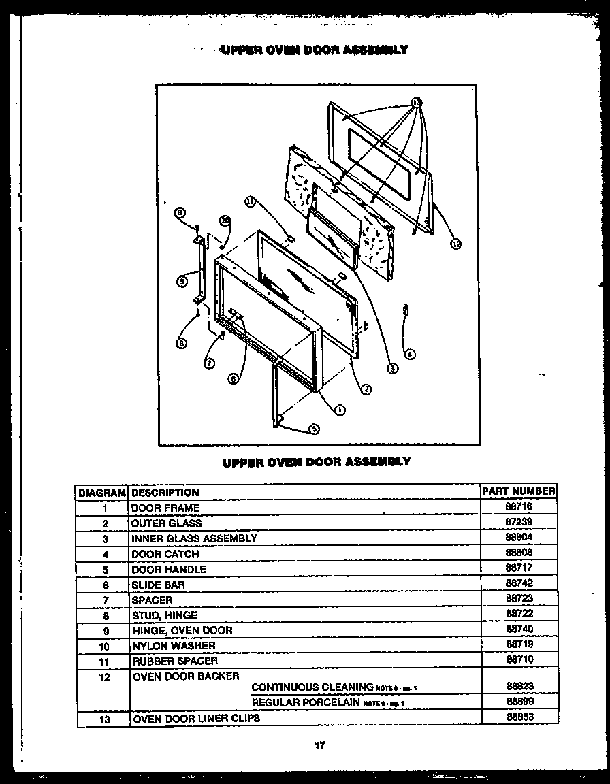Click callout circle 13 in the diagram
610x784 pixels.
click(416, 103)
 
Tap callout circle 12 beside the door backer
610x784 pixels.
click(455, 244)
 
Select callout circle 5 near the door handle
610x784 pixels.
click(314, 429)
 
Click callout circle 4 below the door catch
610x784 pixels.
click(410, 353)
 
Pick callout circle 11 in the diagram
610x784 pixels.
click(251, 201)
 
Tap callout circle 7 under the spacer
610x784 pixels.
click(210, 363)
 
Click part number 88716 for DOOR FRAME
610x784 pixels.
click(519, 507)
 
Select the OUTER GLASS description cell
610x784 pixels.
click(167, 523)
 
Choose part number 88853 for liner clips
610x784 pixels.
click(519, 717)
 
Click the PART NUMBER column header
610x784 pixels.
click(518, 491)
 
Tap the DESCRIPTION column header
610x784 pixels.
click(165, 492)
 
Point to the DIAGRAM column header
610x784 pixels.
click(102, 492)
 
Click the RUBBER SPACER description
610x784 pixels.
click(175, 661)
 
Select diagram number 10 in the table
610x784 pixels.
click(103, 646)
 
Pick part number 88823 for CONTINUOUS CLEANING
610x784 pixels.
click(519, 687)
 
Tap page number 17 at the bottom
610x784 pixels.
click(319, 745)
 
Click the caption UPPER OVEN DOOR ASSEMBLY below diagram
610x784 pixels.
click(317, 461)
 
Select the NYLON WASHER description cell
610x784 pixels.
click(174, 645)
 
